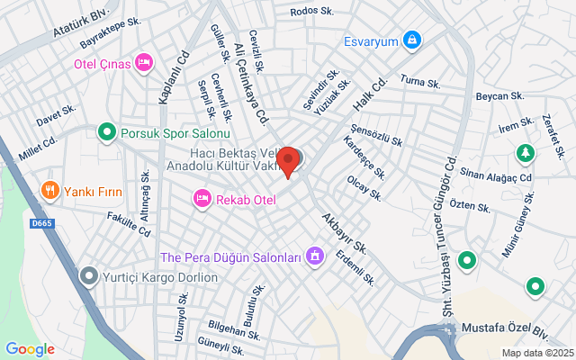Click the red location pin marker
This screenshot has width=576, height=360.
288,160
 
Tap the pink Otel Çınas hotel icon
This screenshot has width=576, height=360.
142,61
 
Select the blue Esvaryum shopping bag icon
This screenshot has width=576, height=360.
410,40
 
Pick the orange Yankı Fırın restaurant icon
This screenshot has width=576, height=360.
49,191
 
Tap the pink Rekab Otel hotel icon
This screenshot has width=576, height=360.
202,197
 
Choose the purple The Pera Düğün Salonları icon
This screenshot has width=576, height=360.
315,257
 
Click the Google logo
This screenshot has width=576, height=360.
30,349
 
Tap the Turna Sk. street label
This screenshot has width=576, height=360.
419,83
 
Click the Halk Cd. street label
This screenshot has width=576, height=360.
369,93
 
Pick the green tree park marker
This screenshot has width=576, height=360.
525,154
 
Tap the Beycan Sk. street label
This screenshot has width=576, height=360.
499,95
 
